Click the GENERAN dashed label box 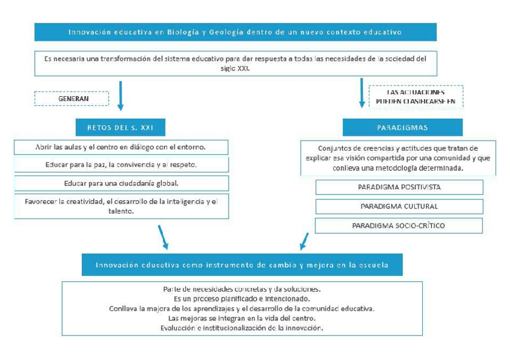(x=72, y=99)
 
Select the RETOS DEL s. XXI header (x=121, y=127)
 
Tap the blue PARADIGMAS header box (x=402, y=127)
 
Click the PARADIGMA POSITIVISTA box (x=399, y=187)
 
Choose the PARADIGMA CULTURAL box (x=399, y=206)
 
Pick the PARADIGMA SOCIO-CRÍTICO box (x=399, y=225)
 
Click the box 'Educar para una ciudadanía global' (x=121, y=183)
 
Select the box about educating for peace (x=121, y=165)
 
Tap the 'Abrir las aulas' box (x=121, y=147)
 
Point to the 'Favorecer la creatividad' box (x=121, y=206)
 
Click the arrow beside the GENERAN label (x=120, y=96)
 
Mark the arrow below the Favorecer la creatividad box (x=162, y=237)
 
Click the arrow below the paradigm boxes (x=304, y=241)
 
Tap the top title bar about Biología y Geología (x=235, y=32)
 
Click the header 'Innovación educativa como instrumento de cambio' (x=242, y=264)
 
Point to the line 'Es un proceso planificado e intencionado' (x=241, y=298)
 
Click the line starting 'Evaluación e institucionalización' (x=241, y=328)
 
